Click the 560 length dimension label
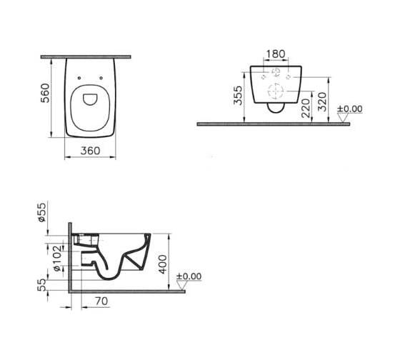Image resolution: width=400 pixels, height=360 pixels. click(x=45, y=93)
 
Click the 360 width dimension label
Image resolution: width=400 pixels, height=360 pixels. click(x=90, y=151)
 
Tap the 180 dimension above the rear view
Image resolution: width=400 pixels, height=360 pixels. click(x=276, y=54)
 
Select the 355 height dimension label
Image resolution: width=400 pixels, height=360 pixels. click(x=238, y=96)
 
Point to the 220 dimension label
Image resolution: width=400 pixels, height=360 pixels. click(x=306, y=108)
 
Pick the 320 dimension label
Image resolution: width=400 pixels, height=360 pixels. click(x=322, y=102)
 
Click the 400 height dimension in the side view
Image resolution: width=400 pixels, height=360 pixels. click(x=163, y=264)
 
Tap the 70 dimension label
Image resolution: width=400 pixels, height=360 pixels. click(x=101, y=301)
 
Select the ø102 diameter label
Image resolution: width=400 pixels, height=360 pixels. click(x=57, y=258)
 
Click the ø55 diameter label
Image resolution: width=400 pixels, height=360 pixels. click(x=42, y=212)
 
